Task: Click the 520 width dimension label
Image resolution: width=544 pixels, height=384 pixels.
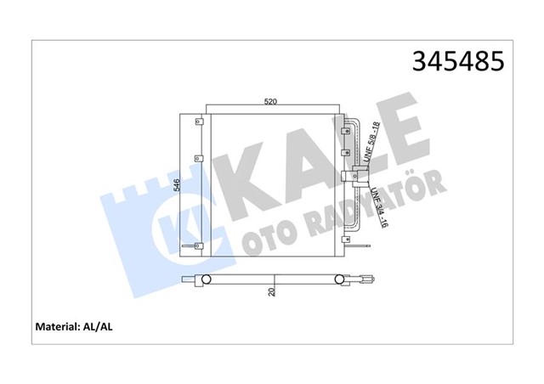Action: [270, 102]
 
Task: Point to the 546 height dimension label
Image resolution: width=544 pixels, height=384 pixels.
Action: [176, 187]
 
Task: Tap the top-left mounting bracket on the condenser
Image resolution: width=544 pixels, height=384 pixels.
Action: [198, 121]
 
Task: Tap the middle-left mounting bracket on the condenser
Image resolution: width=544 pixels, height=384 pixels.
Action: [198, 159]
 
